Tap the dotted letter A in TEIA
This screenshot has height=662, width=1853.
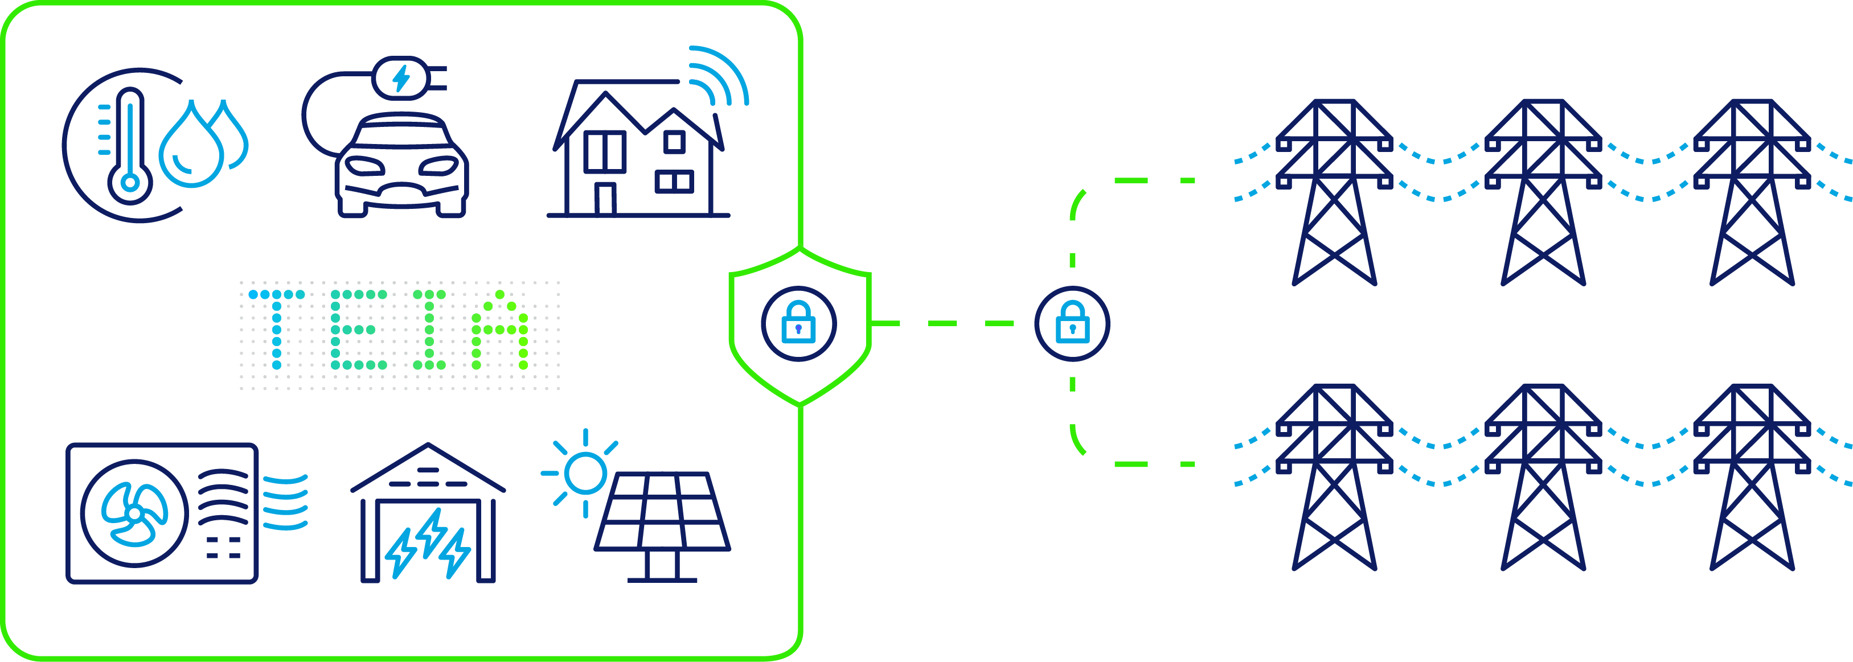[x=500, y=331]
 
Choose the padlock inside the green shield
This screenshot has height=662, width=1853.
[x=798, y=323]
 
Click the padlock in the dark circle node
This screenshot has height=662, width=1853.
[x=1072, y=323]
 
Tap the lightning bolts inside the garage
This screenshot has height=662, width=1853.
[x=429, y=542]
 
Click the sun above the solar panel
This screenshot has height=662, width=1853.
[x=585, y=473]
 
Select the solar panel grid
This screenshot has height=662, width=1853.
[x=662, y=512]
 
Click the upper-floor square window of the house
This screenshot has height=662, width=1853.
[x=674, y=142]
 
